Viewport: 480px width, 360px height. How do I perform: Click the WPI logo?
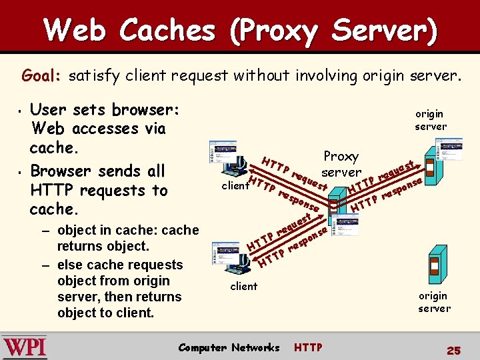(x=25, y=347)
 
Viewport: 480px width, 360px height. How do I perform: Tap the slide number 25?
(x=454, y=350)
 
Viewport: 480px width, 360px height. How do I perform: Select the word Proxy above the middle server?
(x=341, y=156)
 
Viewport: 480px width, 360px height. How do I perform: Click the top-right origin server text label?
(x=431, y=120)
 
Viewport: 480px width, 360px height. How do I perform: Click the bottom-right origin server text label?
(x=434, y=302)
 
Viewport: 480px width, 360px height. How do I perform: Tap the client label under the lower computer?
(x=243, y=286)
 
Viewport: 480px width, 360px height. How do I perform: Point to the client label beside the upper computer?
(x=235, y=186)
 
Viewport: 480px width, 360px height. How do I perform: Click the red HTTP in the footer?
(x=308, y=347)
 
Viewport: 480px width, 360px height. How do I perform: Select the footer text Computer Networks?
(x=229, y=347)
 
